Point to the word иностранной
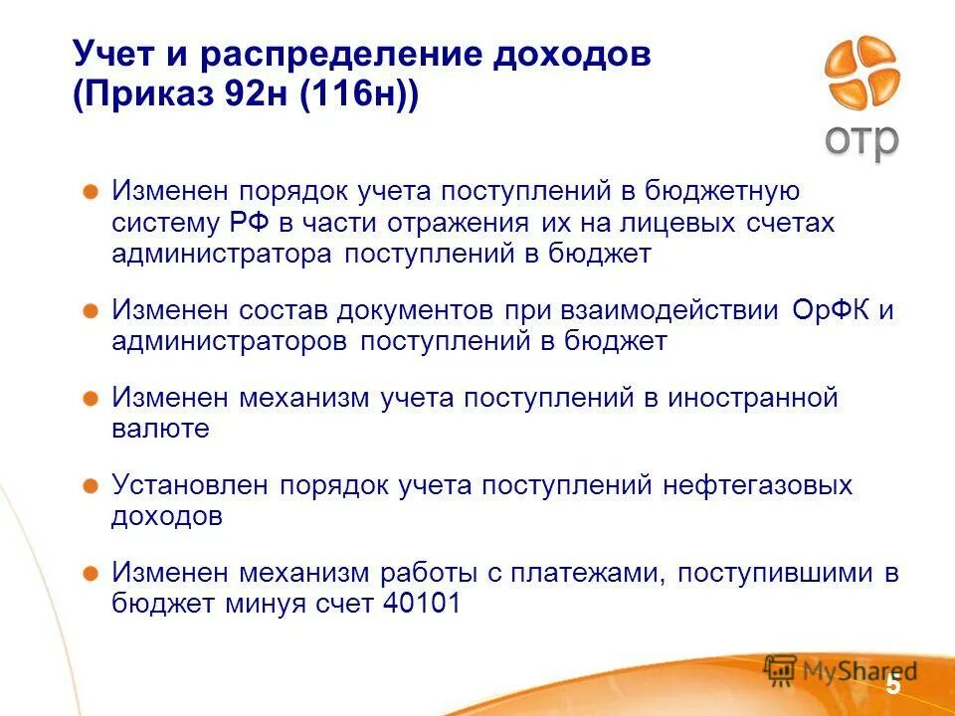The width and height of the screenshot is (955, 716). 753,398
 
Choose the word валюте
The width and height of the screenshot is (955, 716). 160,429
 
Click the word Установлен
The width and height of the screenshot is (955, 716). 190,485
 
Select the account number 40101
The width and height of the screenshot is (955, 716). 422,605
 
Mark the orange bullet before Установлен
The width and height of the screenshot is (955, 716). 91,486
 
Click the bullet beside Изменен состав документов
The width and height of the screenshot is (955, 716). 91,310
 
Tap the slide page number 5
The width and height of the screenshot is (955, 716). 892,685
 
